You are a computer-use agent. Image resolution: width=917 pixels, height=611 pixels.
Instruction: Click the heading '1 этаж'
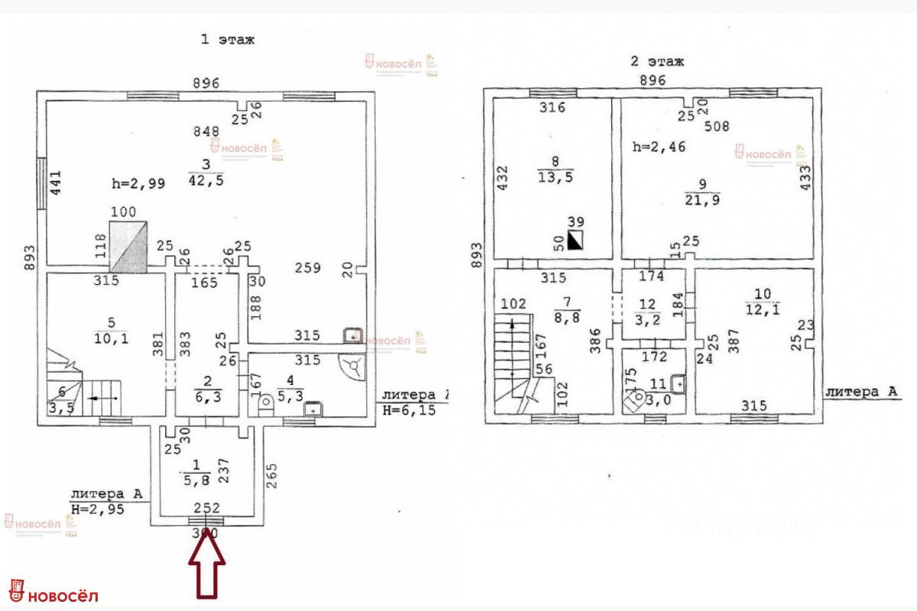227,40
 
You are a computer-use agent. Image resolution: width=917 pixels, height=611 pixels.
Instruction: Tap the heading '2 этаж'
656,61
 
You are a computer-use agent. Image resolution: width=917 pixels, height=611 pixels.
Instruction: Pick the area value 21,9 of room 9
702,199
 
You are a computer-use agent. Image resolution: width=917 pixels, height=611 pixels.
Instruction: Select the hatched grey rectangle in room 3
128,246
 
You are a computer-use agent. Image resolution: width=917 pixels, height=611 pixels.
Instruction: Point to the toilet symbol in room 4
266,400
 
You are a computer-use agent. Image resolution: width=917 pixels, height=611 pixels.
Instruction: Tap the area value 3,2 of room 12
647,322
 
